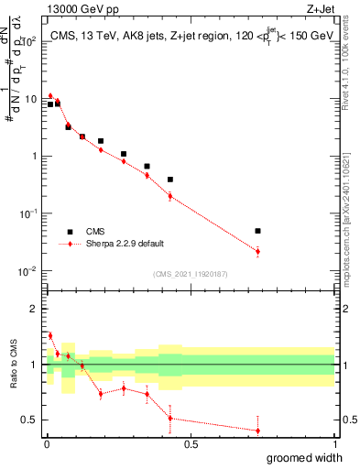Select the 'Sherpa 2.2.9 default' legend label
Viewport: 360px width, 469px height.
click(126, 244)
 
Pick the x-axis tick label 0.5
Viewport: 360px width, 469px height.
click(191, 444)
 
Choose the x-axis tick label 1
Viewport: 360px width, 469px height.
click(334, 444)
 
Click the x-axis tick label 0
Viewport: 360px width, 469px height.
click(47, 444)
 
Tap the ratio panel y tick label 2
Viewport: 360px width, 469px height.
click(34, 309)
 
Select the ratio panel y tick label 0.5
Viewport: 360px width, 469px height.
click(29, 420)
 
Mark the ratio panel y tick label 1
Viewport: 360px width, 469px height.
click(34, 365)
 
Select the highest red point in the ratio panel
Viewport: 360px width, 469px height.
click(50, 335)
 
